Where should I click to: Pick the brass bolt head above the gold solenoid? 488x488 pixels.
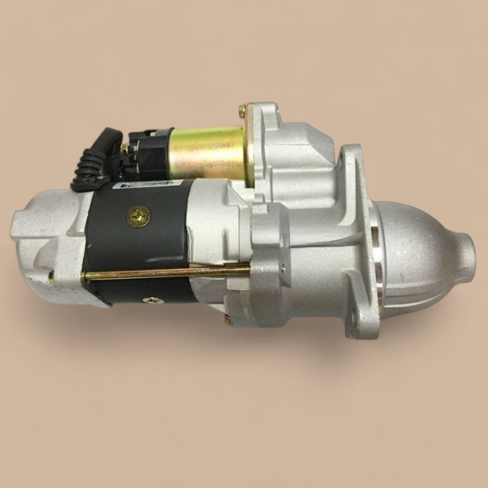[x=243, y=110]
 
